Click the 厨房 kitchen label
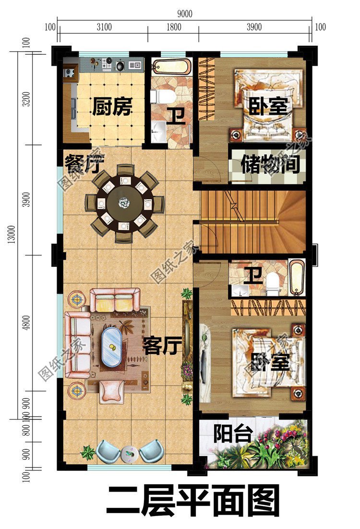click(x=111, y=107)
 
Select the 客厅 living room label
click(x=162, y=345)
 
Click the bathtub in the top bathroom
click(x=171, y=66)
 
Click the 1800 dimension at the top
click(x=173, y=27)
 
